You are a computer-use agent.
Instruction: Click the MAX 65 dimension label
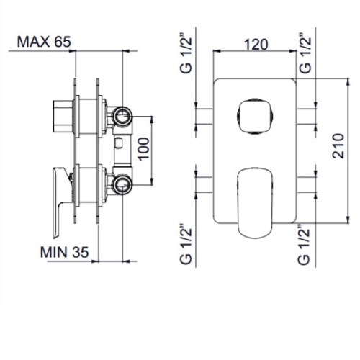pyautogui.click(x=44, y=42)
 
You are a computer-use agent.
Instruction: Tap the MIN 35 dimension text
pyautogui.click(x=64, y=252)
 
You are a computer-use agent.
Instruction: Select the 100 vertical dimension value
pyautogui.click(x=143, y=148)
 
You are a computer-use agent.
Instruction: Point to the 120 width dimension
pyautogui.click(x=256, y=45)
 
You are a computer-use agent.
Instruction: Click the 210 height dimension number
pyautogui.click(x=338, y=146)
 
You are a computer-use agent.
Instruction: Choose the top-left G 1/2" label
pyautogui.click(x=186, y=55)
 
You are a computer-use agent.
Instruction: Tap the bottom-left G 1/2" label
pyautogui.click(x=186, y=244)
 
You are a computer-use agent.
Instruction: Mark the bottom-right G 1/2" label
pyautogui.click(x=304, y=244)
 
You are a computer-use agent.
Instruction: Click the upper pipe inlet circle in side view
pyautogui.click(x=122, y=117)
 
